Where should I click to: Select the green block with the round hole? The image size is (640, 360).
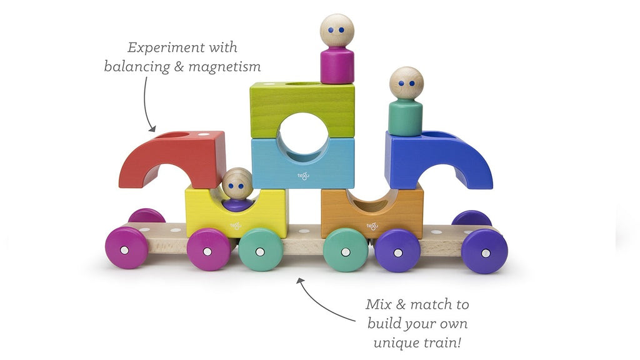(302, 109)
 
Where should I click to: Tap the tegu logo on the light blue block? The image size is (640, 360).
(303, 176)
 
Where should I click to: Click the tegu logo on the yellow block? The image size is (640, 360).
(236, 225)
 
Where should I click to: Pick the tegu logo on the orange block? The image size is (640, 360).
(372, 226)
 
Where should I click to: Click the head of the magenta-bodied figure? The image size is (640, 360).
(337, 30)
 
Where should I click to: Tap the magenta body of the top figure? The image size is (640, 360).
(337, 65)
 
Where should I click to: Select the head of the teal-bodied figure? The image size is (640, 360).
(406, 83)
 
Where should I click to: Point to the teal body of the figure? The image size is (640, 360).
(405, 117)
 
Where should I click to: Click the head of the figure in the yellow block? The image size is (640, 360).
(237, 184)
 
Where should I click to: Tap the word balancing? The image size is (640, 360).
(137, 66)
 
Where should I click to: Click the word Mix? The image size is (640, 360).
(379, 304)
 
